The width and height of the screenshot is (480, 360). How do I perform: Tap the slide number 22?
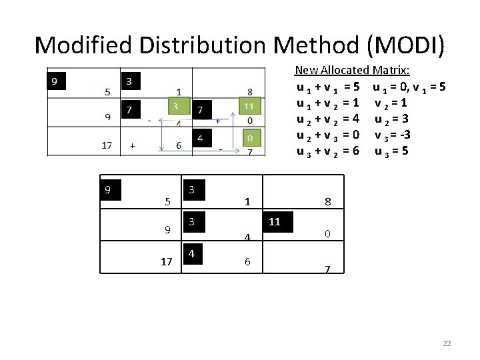tap(447, 343)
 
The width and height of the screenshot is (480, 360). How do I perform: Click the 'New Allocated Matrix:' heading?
tap(352, 70)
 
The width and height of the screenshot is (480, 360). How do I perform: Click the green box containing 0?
tap(249, 139)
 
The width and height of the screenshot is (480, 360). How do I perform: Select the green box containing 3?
tap(175, 107)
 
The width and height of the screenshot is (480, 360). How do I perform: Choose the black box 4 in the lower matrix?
tap(192, 255)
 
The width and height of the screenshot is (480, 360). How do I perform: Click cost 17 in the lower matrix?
tap(167, 262)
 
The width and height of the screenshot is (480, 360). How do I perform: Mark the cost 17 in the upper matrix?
tap(106, 145)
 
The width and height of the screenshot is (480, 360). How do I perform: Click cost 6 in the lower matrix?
tap(247, 262)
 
